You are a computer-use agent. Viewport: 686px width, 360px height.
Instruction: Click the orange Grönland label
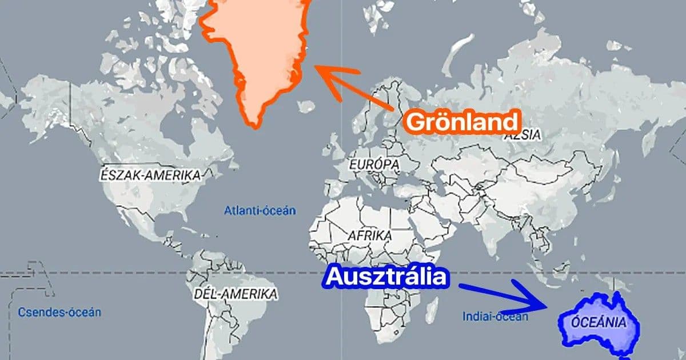(x=462, y=121)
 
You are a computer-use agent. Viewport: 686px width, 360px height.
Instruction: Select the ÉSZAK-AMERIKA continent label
(x=150, y=174)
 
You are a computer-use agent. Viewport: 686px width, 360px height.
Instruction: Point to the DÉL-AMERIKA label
(x=235, y=294)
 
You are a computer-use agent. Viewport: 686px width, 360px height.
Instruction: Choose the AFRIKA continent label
(x=369, y=235)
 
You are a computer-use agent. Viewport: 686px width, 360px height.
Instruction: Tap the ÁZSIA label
(x=522, y=135)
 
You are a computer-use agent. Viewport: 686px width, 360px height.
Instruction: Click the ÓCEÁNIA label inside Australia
(x=599, y=322)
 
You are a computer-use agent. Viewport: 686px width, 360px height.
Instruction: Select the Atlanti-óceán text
(x=260, y=210)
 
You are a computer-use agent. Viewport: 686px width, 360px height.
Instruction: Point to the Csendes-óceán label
(x=59, y=312)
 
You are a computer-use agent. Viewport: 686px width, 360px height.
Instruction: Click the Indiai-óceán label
(x=495, y=316)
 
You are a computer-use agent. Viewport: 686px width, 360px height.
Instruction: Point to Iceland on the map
(x=308, y=106)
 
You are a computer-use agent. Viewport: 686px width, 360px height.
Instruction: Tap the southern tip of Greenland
(x=252, y=122)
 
